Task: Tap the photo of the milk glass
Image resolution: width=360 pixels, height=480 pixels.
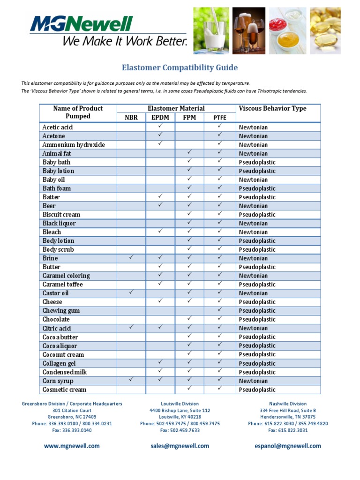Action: pyautogui.click(x=211, y=30)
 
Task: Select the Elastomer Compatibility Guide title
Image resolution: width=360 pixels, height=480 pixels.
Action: pyautogui.click(x=180, y=67)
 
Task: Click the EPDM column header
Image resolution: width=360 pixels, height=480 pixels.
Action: pyautogui.click(x=160, y=118)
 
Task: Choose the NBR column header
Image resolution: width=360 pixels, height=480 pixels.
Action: pyautogui.click(x=131, y=118)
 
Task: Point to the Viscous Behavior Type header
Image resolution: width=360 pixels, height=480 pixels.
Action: pyautogui.click(x=272, y=108)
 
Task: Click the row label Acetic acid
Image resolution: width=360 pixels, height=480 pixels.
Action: pyautogui.click(x=58, y=127)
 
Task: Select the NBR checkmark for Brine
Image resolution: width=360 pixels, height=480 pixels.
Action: pyautogui.click(x=131, y=257)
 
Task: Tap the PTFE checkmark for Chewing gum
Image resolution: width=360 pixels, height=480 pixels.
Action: pyautogui.click(x=219, y=310)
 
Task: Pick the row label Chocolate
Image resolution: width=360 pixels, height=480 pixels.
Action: pyautogui.click(x=56, y=319)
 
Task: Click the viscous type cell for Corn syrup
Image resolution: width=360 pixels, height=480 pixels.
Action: pyautogui.click(x=253, y=381)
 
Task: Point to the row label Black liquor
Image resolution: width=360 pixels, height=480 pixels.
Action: pyautogui.click(x=59, y=223)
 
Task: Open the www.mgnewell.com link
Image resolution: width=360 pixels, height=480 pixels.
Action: pyautogui.click(x=72, y=446)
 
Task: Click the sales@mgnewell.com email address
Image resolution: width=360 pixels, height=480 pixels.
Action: pyautogui.click(x=180, y=446)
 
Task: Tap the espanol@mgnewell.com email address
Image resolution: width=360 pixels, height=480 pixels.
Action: pyautogui.click(x=288, y=446)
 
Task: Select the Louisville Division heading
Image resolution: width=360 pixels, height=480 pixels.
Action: pyautogui.click(x=180, y=404)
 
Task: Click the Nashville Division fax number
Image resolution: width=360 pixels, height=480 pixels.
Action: pyautogui.click(x=288, y=430)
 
